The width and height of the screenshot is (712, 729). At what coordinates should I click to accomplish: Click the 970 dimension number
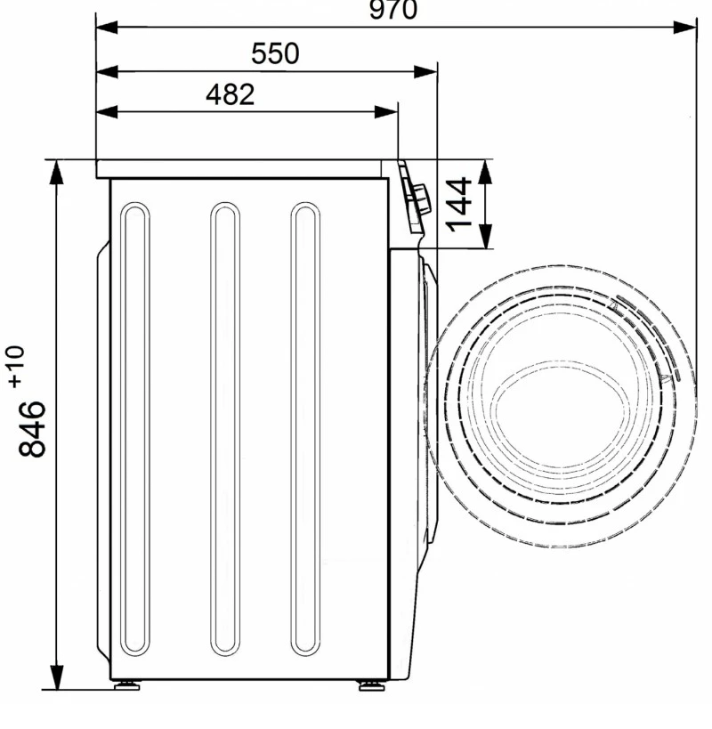coord(393,9)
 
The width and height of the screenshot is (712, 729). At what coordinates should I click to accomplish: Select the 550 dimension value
coord(275,53)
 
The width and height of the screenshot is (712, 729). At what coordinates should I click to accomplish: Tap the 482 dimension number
coord(230,95)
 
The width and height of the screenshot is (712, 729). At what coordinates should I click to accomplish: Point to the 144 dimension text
coord(458,204)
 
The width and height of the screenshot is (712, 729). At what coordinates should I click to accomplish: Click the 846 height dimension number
coord(32,429)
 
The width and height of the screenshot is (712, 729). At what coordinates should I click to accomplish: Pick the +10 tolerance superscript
coord(16,367)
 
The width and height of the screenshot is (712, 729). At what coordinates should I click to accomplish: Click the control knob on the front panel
coord(422,199)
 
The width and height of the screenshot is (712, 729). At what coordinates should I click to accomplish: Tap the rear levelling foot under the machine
coord(126,685)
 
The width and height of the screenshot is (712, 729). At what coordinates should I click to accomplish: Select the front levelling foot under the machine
coord(371,685)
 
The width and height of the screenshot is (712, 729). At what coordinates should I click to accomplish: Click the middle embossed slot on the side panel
coord(225,429)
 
